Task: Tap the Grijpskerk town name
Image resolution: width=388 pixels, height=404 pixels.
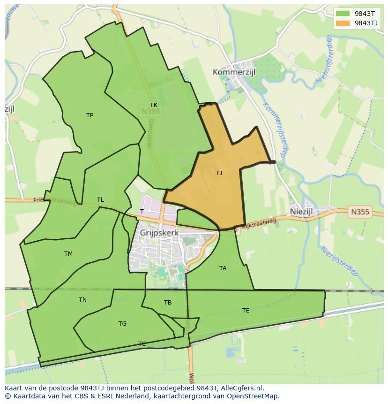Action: (159, 232)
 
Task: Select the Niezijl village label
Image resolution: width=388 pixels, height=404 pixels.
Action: (301, 212)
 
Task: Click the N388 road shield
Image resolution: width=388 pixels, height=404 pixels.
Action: (150, 111)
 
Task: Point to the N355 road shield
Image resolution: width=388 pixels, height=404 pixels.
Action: (360, 212)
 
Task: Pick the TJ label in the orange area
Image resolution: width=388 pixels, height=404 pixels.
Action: (219, 173)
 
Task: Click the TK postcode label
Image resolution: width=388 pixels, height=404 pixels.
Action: (154, 105)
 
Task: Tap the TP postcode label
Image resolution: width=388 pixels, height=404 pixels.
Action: (90, 115)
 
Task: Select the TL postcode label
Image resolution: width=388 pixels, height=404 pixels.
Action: (100, 200)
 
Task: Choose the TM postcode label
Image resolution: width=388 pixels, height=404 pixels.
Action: (68, 254)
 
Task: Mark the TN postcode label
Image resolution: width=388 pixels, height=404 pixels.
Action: (82, 300)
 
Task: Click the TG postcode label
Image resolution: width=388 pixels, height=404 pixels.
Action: (122, 324)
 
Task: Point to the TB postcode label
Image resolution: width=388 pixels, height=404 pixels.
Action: (168, 303)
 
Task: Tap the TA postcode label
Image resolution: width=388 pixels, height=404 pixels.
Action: (223, 268)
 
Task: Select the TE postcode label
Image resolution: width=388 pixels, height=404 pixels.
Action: (246, 311)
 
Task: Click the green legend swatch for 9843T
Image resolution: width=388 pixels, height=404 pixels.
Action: (343, 13)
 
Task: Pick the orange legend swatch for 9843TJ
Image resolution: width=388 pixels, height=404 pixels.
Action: (343, 23)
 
